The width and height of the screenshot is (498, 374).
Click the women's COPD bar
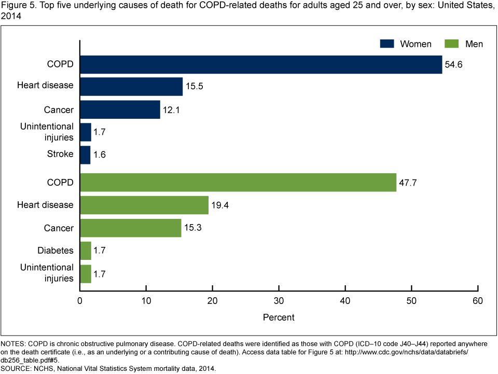[261, 65]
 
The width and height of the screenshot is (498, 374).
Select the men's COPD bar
[238, 183]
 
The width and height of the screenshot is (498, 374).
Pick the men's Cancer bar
[131, 228]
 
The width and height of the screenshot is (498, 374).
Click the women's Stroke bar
[85, 155]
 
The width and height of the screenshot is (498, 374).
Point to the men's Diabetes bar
[86, 251]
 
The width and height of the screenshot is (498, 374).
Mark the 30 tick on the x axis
[279, 301]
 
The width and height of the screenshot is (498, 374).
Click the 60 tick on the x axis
[478, 301]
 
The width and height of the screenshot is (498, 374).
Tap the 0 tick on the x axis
[80, 301]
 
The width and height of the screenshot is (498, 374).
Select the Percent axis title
[279, 317]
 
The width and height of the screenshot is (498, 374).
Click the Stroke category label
[60, 155]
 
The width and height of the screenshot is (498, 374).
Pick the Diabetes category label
[55, 251]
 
